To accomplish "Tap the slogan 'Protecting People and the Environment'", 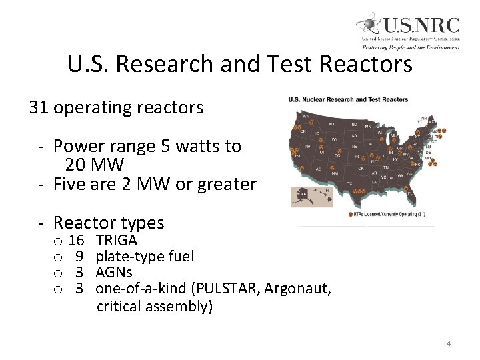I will pyautogui.click(x=411, y=47).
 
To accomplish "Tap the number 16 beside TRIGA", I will pyautogui.click(x=76, y=239).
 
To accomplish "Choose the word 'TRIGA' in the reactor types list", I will pyautogui.click(x=117, y=239).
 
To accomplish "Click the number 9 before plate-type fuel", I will pyautogui.click(x=79, y=255).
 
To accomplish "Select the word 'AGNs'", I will pyautogui.click(x=114, y=271).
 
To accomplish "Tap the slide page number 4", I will pyautogui.click(x=449, y=343).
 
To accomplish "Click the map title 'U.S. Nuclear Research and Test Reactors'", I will pyautogui.click(x=344, y=100).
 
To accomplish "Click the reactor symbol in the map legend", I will pyautogui.click(x=351, y=214).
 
